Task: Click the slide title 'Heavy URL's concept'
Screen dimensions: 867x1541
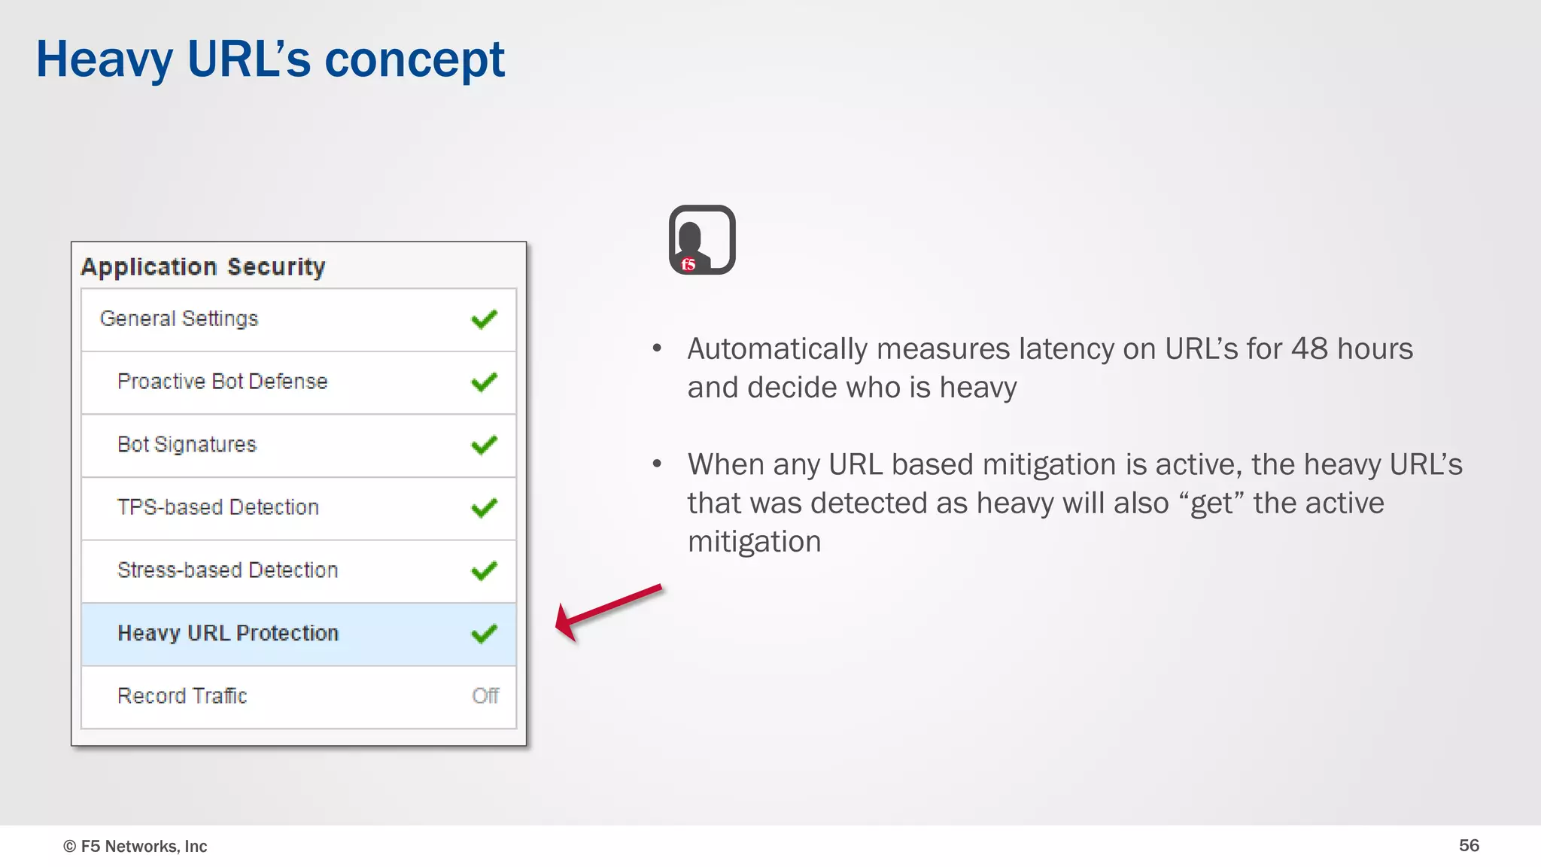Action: coord(270,59)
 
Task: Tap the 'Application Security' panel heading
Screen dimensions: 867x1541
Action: coord(203,267)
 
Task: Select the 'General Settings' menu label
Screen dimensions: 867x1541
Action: coord(179,319)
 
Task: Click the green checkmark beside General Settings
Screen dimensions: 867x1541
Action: coord(484,320)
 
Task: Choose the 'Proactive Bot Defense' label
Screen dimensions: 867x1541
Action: coord(223,382)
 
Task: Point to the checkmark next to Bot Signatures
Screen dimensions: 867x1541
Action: coord(484,446)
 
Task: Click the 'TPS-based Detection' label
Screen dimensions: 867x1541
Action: coord(218,507)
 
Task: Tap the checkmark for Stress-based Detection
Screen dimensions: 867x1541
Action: coord(484,571)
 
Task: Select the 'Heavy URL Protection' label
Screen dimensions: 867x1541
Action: coord(228,633)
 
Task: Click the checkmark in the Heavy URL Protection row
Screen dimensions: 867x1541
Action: coord(484,634)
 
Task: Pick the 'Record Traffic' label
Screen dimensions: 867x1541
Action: coord(182,696)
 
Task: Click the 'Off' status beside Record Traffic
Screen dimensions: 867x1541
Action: coord(485,696)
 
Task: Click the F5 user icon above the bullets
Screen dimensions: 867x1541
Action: coord(702,240)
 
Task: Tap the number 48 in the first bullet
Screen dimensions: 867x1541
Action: coord(1309,349)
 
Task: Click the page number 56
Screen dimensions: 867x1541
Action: coord(1469,845)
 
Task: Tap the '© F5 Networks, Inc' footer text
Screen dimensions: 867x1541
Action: coord(135,846)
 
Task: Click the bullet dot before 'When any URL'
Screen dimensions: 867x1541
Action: coord(657,464)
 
